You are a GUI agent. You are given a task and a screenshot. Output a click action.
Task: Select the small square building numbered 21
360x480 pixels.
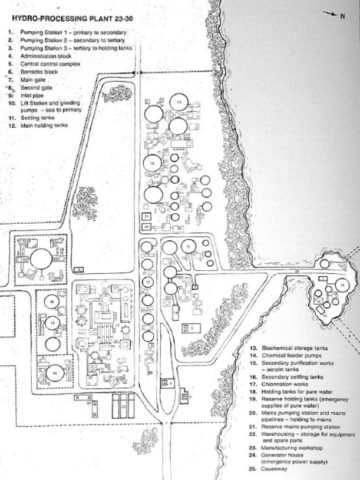tap(147, 217)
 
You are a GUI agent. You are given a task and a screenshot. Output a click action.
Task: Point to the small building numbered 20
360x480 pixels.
tap(147, 226)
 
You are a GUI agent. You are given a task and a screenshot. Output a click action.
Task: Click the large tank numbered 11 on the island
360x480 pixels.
tap(341, 286)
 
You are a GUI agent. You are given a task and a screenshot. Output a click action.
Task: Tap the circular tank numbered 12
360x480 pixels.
tap(188, 246)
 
